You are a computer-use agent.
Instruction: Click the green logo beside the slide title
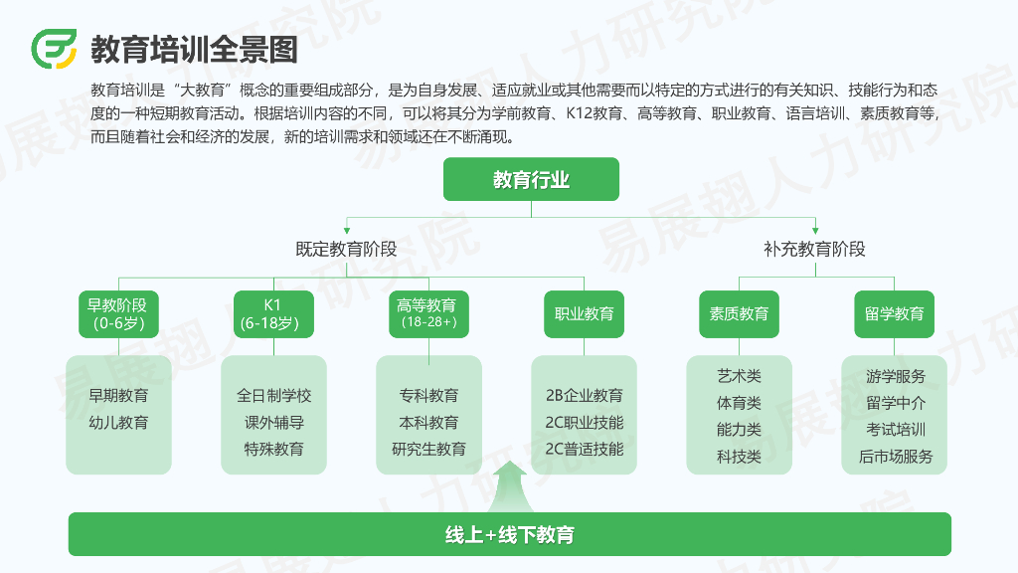click(54, 47)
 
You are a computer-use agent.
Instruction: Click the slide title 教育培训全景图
click(194, 48)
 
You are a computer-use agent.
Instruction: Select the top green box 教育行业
click(531, 179)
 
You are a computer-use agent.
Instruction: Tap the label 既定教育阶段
click(346, 250)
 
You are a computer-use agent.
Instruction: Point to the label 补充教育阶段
click(814, 250)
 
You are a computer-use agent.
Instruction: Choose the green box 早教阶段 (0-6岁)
click(118, 313)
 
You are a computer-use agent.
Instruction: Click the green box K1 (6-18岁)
click(273, 313)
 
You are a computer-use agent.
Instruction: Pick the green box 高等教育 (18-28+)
click(428, 313)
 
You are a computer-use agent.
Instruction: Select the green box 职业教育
click(585, 313)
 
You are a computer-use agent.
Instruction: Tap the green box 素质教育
click(739, 313)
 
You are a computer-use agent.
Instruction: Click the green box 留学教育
click(895, 313)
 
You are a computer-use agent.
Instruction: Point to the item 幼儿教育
click(118, 423)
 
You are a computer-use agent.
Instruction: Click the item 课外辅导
click(273, 423)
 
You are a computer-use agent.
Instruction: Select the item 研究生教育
click(428, 450)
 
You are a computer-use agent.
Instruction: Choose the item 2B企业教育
click(585, 396)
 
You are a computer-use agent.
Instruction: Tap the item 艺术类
click(739, 376)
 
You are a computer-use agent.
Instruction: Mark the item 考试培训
click(895, 430)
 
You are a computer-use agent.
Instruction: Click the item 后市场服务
click(895, 457)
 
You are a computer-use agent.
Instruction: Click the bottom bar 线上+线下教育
click(509, 534)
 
